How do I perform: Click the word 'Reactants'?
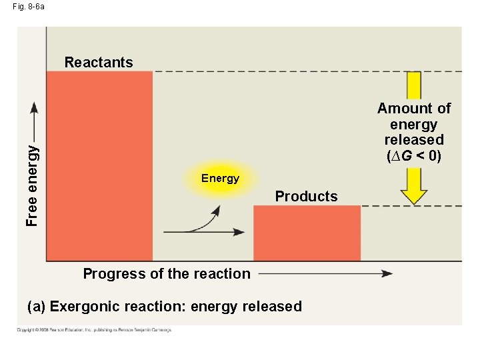[x=99, y=63]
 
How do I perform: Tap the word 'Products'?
[x=306, y=197]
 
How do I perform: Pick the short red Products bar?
[x=307, y=233]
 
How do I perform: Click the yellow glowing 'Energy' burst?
[x=220, y=178]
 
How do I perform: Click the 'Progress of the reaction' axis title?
[x=167, y=273]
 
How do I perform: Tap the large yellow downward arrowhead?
[x=414, y=193]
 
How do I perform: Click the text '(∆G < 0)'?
[x=414, y=157]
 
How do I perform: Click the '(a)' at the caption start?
[x=37, y=307]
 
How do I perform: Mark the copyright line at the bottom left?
[x=94, y=330]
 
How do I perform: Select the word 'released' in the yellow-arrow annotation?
[x=414, y=140]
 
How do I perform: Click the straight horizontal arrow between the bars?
[x=203, y=232]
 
